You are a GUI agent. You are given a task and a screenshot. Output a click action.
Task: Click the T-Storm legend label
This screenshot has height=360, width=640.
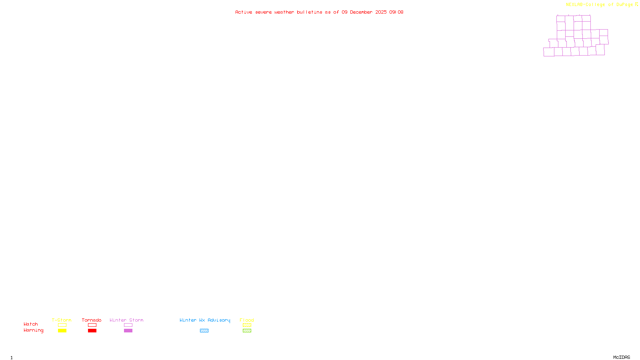62,320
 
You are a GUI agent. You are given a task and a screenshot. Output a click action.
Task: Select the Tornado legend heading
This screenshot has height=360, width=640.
92,320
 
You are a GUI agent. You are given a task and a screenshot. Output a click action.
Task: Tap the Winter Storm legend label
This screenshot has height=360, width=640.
126,320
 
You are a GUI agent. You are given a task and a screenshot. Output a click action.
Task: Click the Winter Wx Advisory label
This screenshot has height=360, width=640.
205,320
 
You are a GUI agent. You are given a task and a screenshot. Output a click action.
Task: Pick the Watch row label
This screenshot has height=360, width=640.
31,324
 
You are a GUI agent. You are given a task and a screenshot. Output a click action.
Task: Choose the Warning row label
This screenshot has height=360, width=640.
33,330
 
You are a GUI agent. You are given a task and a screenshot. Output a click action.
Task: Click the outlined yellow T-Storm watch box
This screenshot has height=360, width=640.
62,325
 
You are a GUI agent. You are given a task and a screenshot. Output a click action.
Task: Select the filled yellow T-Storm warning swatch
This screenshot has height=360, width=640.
62,331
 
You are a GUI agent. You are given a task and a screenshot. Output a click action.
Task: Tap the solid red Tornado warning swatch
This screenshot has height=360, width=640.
92,331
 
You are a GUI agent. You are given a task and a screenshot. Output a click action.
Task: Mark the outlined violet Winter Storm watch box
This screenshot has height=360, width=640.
128,325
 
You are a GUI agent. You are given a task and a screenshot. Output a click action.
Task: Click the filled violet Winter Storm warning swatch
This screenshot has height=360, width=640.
128,331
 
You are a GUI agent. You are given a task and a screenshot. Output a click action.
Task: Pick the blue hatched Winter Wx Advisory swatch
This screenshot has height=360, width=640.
204,331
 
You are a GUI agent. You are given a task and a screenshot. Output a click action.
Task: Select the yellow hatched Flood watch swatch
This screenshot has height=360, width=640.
247,325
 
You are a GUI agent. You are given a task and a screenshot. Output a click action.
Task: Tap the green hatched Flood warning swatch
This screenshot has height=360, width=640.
247,331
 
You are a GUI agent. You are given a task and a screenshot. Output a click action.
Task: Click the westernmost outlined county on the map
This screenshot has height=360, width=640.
548,52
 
